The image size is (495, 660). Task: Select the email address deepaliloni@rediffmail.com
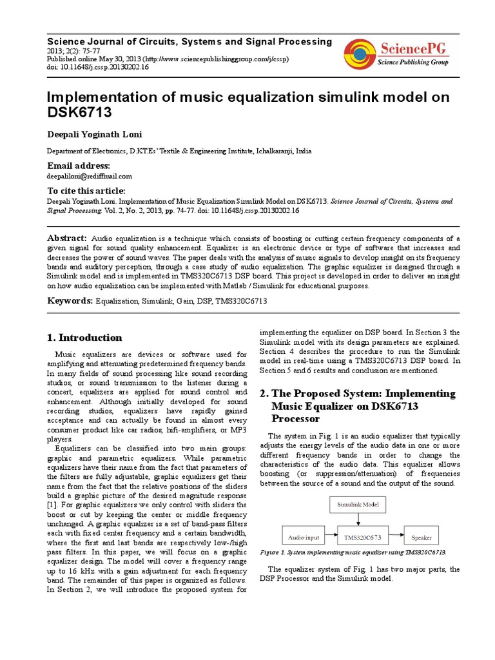89,175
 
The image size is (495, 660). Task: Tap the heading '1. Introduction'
84,337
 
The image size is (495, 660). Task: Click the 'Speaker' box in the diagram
422,537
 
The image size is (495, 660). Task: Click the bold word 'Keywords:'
70,300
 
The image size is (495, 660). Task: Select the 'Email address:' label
79,166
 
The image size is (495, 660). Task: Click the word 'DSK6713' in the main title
77,113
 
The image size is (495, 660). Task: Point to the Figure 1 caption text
353,552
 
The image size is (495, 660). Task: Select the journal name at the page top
189,41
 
